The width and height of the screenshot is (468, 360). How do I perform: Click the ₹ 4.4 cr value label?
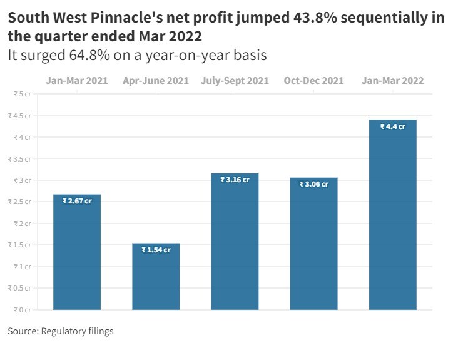click(393, 126)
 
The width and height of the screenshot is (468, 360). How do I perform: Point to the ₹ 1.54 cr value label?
click(156, 250)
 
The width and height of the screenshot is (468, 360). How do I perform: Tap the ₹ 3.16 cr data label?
click(235, 180)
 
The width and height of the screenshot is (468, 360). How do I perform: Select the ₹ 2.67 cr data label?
click(77, 201)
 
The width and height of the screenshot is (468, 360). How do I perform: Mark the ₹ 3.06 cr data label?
click(313, 184)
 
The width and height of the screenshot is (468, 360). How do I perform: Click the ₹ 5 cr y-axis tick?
click(22, 94)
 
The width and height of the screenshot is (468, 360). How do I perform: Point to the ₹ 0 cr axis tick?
click(22, 309)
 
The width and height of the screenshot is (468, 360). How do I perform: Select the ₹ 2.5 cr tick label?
click(19, 202)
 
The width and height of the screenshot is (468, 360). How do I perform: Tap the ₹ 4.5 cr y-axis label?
click(19, 115)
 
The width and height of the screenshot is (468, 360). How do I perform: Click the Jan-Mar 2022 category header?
click(393, 81)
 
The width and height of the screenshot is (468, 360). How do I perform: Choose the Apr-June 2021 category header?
click(156, 81)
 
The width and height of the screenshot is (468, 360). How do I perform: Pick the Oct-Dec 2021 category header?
click(313, 81)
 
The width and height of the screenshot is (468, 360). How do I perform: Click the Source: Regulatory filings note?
click(61, 331)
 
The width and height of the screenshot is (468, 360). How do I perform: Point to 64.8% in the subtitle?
click(91, 55)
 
